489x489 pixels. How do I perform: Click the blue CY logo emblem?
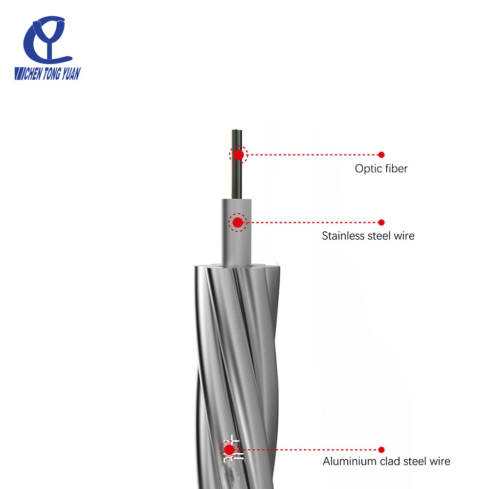tap(47, 41)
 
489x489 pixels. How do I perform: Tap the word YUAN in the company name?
tap(71, 74)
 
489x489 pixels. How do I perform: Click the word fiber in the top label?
tap(397, 168)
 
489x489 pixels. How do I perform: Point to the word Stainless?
tap(343, 236)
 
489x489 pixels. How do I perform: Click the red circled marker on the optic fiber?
tap(239, 155)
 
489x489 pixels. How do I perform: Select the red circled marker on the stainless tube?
tap(238, 222)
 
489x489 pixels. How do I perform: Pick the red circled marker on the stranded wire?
tap(229, 450)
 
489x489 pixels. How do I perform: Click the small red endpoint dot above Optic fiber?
tap(381, 155)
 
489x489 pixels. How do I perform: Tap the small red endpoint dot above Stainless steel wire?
tap(381, 222)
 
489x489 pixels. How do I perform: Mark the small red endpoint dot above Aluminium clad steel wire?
tap(381, 450)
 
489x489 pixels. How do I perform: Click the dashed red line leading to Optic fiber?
tap(313, 155)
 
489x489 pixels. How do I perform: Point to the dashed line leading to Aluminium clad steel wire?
tap(309, 450)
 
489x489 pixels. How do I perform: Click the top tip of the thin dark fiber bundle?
tap(237, 130)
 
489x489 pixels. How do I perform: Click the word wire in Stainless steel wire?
tap(404, 236)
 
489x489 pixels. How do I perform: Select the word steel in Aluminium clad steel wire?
tap(413, 461)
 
